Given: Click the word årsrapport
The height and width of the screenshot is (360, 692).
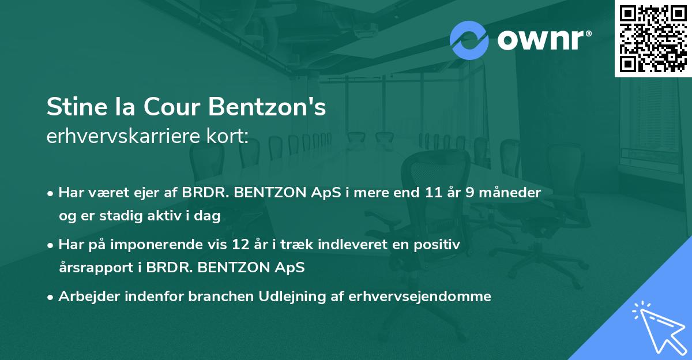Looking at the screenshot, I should pyautogui.click(x=96, y=268).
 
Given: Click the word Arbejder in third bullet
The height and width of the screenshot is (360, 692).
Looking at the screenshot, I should pyautogui.click(x=84, y=297).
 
